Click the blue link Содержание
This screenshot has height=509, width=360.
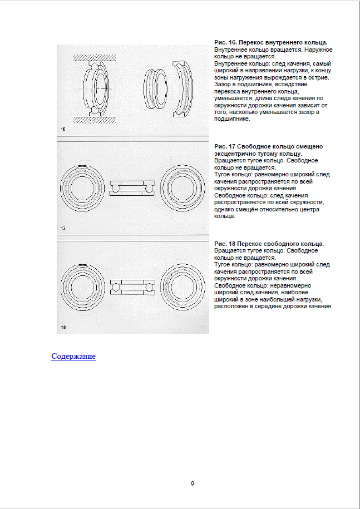[73, 357]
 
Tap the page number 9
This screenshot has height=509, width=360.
[193, 484]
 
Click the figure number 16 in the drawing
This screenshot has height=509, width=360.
[63, 129]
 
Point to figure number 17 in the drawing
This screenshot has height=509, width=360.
[63, 228]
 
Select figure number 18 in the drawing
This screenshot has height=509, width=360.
[63, 327]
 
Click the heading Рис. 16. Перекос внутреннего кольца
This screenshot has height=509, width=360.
[271, 42]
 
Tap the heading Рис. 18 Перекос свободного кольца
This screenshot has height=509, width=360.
[269, 244]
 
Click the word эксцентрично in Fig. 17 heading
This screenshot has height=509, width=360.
[231, 154]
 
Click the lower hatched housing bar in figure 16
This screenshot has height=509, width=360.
[95, 120]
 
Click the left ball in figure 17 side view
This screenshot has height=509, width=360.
[115, 188]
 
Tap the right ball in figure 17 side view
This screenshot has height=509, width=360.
[149, 188]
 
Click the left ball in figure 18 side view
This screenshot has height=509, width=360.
[115, 287]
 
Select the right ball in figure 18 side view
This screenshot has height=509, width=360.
[149, 287]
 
